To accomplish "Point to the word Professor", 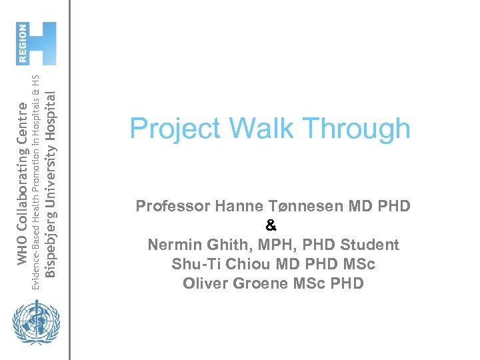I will click(173, 206).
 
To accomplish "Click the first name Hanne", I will click(239, 206).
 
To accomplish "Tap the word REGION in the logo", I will click(23, 43).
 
